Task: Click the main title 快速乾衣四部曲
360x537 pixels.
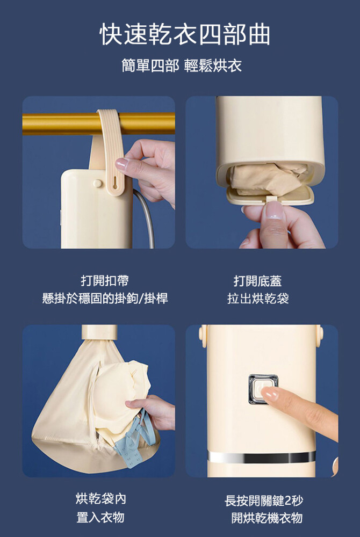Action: [185, 35]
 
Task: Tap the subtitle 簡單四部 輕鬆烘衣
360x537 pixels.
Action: [182, 66]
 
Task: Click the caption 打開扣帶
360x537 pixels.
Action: [105, 281]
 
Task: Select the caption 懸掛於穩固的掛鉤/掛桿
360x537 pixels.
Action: [105, 298]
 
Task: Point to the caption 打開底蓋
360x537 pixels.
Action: [257, 281]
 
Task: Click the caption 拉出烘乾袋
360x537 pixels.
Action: [257, 298]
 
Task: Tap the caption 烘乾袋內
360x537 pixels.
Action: [100, 499]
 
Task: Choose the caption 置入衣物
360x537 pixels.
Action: [100, 517]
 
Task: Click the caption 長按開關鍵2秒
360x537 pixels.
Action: [264, 500]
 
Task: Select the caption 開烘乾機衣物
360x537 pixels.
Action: [267, 518]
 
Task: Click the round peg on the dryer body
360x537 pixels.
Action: [98, 183]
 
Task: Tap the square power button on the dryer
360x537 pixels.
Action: [263, 389]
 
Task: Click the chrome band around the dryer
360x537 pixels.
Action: [261, 457]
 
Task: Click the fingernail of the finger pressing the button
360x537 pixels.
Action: [270, 394]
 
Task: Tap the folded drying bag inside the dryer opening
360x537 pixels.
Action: [269, 178]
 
